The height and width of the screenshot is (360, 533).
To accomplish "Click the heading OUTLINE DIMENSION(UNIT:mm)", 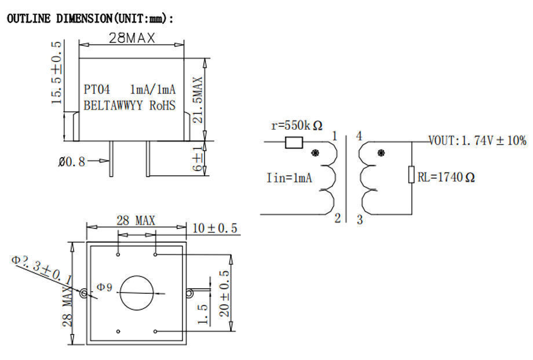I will coord(90,19).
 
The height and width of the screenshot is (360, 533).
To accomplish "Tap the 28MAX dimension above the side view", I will coord(132,38).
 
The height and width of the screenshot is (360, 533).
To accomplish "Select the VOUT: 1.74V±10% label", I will coord(477,141).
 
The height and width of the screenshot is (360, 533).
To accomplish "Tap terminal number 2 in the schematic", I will coord(337,219).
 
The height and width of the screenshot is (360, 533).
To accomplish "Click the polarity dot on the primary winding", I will coord(315,154).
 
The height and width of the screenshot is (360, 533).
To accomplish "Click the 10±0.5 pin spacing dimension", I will coord(214,228).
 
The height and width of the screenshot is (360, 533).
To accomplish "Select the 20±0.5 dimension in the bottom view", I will coord(224,293).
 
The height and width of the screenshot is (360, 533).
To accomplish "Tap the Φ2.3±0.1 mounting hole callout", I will coord(41,270).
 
